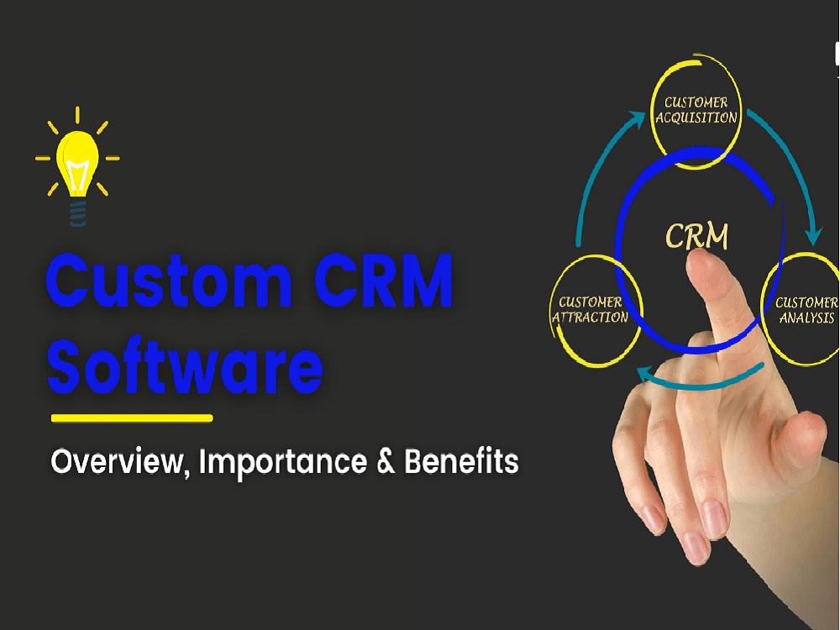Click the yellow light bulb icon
[x=77, y=166]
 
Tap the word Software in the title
[x=186, y=366]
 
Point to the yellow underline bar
[x=132, y=417]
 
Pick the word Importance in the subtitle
[x=283, y=463]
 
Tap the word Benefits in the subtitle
[x=461, y=461]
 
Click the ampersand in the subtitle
[x=386, y=461]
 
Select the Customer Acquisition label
[x=696, y=110]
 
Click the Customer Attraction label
[x=590, y=310]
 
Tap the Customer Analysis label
[x=806, y=310]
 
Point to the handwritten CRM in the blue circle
[x=696, y=236]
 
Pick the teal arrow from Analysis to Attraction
[x=696, y=381]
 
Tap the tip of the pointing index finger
[x=698, y=256]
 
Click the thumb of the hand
[x=797, y=435]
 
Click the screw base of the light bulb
[x=78, y=213]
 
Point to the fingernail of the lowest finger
[x=695, y=547]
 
